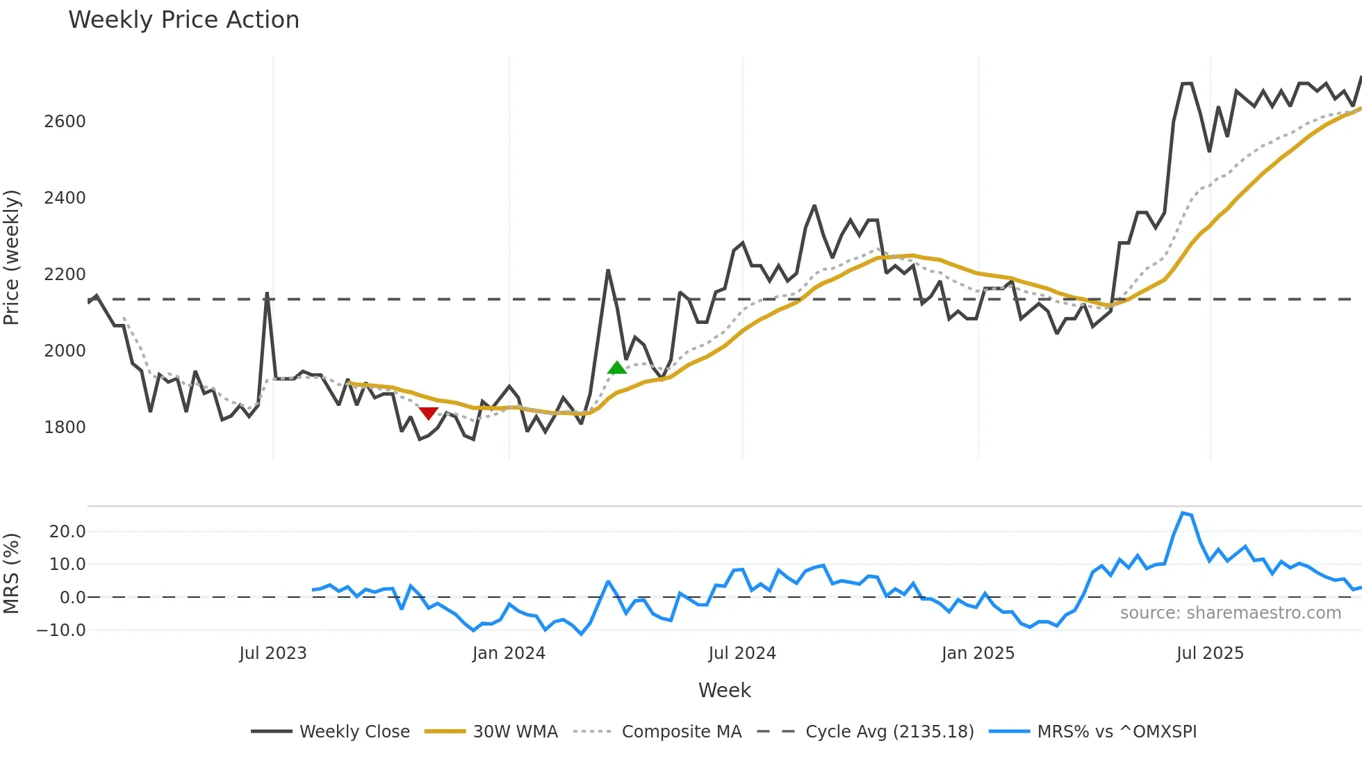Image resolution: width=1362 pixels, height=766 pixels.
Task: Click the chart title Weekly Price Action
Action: coord(183,20)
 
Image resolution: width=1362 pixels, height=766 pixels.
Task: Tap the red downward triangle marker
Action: coord(428,414)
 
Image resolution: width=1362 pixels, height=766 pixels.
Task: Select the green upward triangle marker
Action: coord(616,368)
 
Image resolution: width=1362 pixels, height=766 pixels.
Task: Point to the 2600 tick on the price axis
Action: coord(65,122)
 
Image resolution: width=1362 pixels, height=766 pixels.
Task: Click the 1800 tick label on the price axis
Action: coord(65,427)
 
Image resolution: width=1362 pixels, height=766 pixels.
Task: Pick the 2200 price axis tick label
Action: coord(65,275)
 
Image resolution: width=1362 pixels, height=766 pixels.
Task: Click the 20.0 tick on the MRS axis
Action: coord(67,532)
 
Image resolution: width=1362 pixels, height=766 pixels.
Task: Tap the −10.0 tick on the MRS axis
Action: coord(61,630)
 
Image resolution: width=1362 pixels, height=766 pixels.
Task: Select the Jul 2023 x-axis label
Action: coord(273,653)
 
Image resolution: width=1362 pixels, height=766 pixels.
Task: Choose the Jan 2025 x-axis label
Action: coord(978,653)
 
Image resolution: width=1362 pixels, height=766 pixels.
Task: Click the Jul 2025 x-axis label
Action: coord(1210,653)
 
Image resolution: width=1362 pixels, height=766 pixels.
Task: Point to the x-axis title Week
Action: coord(724,690)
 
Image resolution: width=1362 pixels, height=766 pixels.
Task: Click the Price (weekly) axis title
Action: coord(11,257)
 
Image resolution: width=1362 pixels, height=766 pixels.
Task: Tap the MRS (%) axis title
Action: coord(11,573)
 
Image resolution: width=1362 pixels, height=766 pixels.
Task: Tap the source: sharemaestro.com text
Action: coord(1230,613)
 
